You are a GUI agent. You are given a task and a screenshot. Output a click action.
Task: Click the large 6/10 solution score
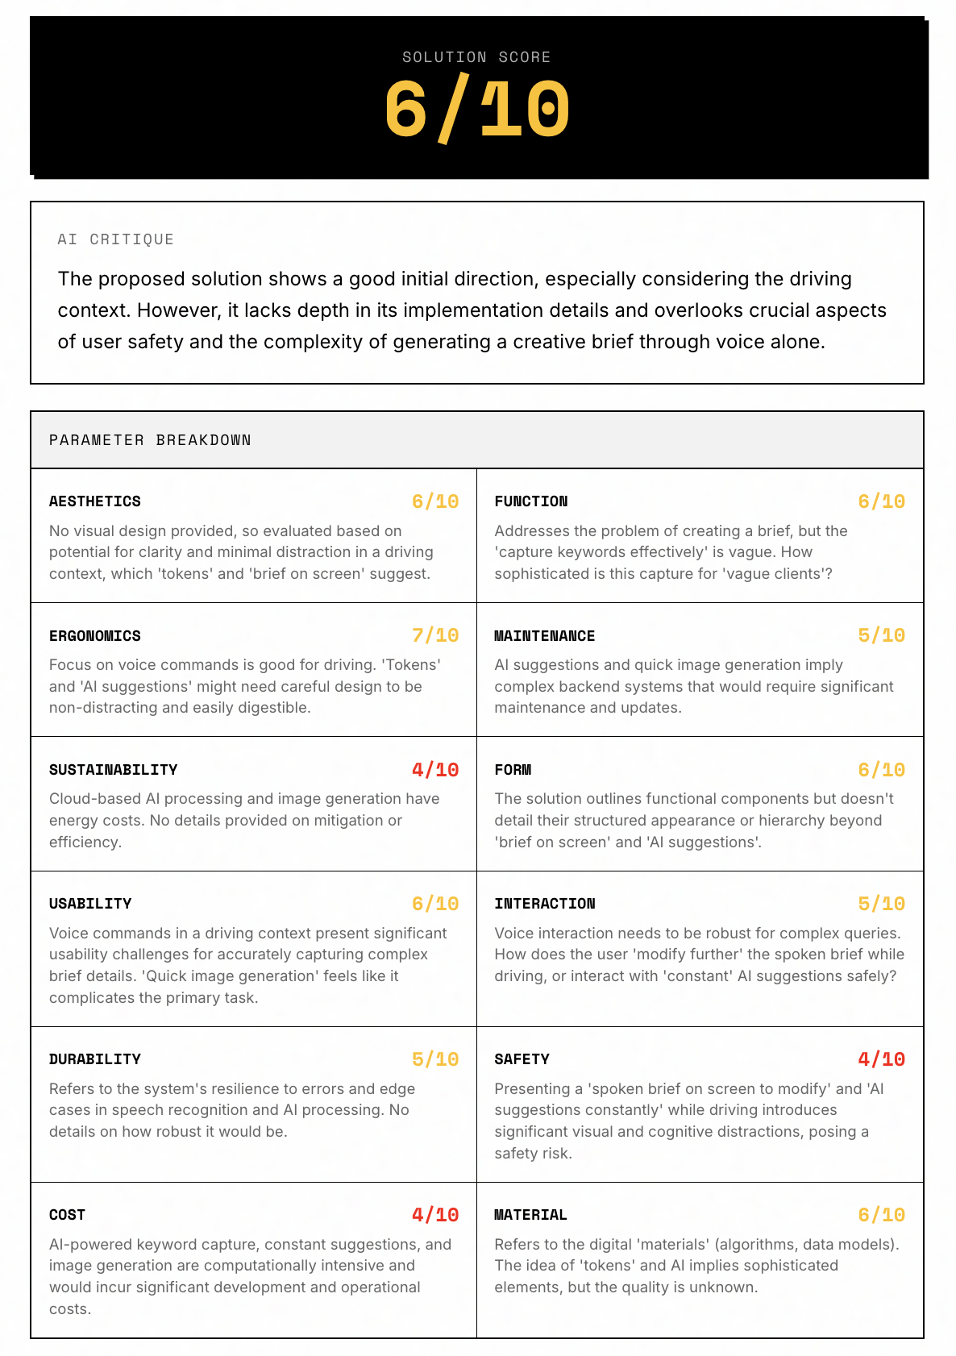pyautogui.click(x=477, y=110)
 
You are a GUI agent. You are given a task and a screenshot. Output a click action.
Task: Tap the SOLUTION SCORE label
pyautogui.click(x=476, y=57)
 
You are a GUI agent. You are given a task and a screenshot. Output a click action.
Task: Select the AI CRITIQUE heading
pyautogui.click(x=115, y=239)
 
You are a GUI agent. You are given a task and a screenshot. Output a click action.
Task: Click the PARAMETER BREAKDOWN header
pyautogui.click(x=150, y=440)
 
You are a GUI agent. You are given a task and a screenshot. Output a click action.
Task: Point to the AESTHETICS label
pyautogui.click(x=95, y=501)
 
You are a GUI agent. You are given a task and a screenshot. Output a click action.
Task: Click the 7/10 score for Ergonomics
pyautogui.click(x=435, y=635)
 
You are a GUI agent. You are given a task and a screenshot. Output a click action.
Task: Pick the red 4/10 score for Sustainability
pyautogui.click(x=435, y=770)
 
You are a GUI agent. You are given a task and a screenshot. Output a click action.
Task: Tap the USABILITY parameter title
pyautogui.click(x=90, y=904)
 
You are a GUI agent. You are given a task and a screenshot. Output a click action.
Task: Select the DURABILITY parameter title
pyautogui.click(x=95, y=1059)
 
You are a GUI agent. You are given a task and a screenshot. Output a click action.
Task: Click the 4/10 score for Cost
pyautogui.click(x=435, y=1215)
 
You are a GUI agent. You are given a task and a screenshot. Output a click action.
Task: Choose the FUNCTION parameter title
pyautogui.click(x=531, y=501)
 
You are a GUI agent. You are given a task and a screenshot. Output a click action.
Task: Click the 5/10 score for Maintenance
pyautogui.click(x=881, y=635)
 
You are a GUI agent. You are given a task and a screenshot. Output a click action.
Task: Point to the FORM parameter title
pyautogui.click(x=513, y=770)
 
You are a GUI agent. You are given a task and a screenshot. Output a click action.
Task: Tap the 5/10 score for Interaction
pyautogui.click(x=881, y=904)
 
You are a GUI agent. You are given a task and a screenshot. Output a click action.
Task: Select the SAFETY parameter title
pyautogui.click(x=522, y=1059)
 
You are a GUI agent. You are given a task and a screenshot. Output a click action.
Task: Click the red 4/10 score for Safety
pyautogui.click(x=881, y=1059)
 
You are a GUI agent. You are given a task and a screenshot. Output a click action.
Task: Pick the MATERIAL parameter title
pyautogui.click(x=530, y=1215)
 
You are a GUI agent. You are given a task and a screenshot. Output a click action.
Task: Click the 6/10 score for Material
pyautogui.click(x=881, y=1215)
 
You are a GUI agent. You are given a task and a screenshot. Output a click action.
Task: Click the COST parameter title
pyautogui.click(x=67, y=1215)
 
